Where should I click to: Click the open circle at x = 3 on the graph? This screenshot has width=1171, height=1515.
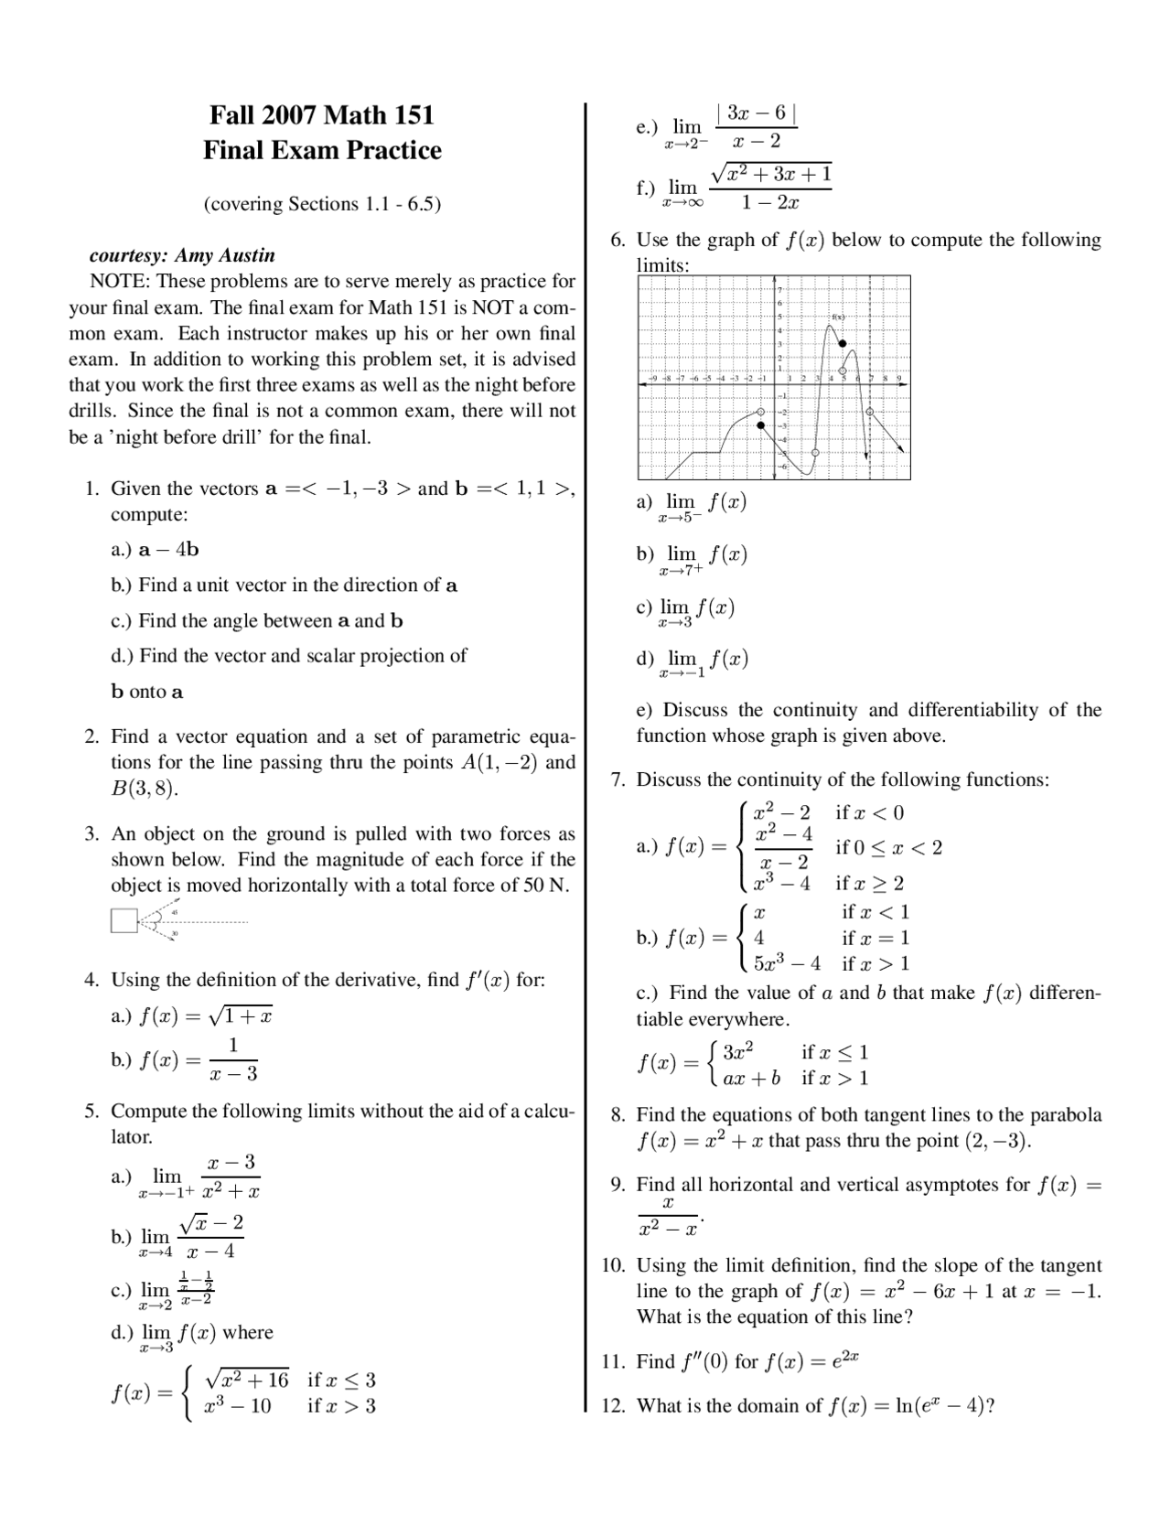point(815,453)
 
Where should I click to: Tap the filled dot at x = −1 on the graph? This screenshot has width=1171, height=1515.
point(760,425)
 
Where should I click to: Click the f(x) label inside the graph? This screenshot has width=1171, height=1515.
point(837,317)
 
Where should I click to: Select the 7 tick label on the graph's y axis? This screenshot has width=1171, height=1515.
point(780,289)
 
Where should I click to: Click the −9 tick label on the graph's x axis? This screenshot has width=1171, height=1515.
point(651,377)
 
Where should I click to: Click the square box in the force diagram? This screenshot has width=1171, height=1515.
point(124,920)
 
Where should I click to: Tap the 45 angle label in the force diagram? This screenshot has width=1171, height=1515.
point(174,911)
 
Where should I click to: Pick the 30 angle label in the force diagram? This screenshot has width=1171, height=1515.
point(174,933)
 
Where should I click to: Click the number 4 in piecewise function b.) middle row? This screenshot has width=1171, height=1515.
point(758,938)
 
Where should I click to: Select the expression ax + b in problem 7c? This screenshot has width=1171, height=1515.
point(751,1078)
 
